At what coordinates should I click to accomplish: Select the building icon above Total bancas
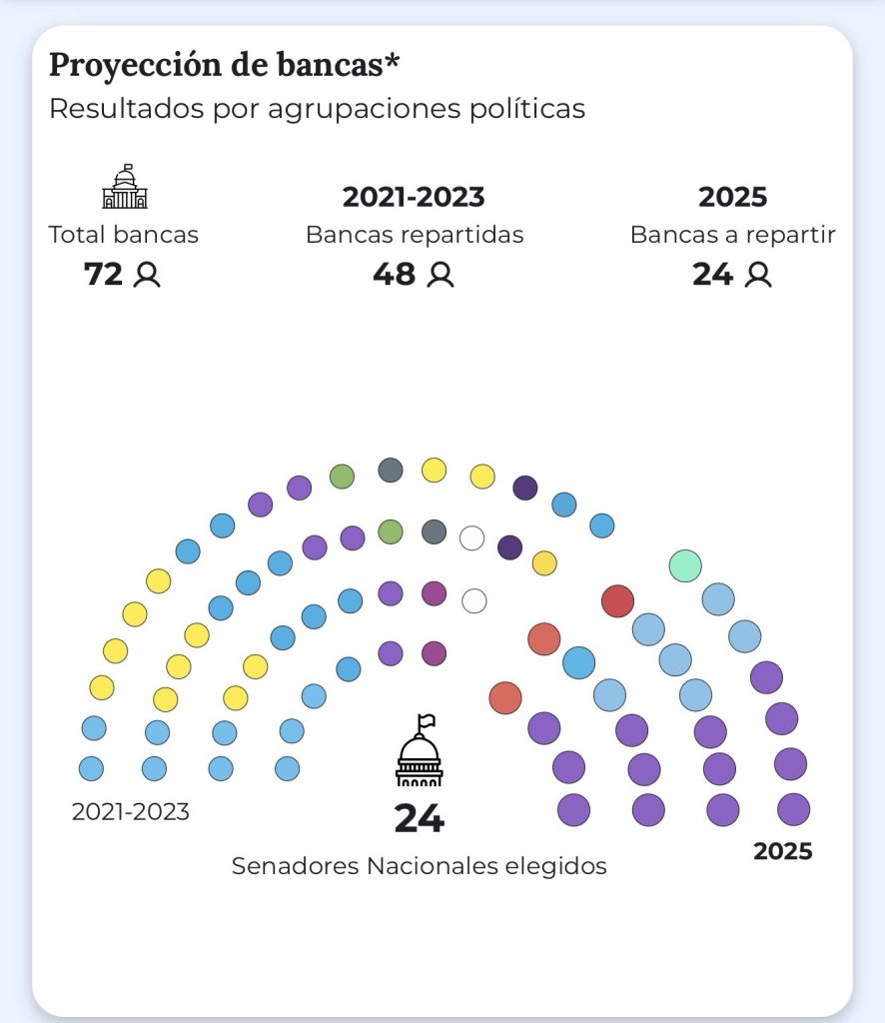tap(124, 187)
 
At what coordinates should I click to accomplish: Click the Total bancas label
tap(124, 235)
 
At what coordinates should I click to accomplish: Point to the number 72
tap(103, 274)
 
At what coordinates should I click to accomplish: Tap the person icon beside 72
tap(147, 275)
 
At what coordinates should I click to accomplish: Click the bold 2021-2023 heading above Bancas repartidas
tap(414, 197)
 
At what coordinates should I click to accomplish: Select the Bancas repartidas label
tap(415, 235)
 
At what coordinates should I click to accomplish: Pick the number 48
tap(394, 274)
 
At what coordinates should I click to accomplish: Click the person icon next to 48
tap(441, 275)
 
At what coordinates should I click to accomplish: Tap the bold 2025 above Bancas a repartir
tap(732, 197)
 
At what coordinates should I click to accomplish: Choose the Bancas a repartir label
tap(732, 235)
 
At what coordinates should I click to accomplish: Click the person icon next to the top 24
tap(759, 275)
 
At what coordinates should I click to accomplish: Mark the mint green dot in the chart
tap(685, 565)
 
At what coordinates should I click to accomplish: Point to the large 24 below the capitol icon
tap(419, 818)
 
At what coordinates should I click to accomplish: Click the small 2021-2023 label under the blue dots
tap(130, 812)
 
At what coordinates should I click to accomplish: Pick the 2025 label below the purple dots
tap(782, 851)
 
